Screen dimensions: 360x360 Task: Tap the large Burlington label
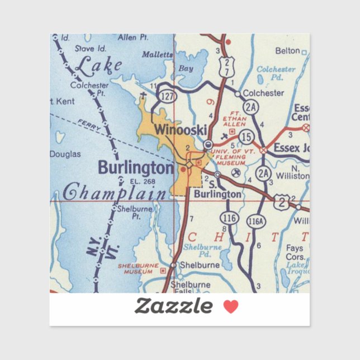pos(136,167)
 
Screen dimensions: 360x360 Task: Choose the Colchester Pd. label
pos(275,73)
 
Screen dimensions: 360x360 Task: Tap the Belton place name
pos(287,51)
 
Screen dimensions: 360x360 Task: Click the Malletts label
pos(158,55)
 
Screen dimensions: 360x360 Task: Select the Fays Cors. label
pos(295,252)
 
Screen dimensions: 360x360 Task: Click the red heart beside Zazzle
pos(231,306)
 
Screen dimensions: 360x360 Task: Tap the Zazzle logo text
pos(173,306)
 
